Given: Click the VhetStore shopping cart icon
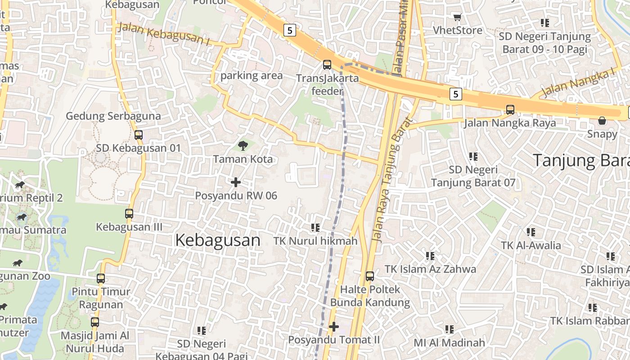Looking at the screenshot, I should click(457, 18).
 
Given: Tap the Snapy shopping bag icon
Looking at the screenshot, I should click(602, 121).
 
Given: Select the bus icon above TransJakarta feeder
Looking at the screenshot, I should click(327, 64).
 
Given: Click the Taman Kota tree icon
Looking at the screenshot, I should click(243, 145).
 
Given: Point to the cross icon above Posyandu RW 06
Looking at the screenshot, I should click(235, 182).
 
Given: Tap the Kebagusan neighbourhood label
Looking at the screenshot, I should click(218, 240).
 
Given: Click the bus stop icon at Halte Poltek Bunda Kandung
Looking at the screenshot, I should click(369, 276).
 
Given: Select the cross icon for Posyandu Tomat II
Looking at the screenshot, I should click(333, 326).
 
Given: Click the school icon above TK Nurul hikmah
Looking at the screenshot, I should click(315, 228).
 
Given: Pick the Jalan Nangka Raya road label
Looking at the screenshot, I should click(510, 123).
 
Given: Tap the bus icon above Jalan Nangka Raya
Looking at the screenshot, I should click(510, 109).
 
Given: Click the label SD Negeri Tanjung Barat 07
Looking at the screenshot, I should click(473, 176).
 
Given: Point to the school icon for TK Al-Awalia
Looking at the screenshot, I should click(531, 232).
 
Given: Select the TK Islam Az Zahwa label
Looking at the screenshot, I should click(430, 269).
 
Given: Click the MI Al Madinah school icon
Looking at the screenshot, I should click(449, 329).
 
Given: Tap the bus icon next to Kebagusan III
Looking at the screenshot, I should click(129, 214).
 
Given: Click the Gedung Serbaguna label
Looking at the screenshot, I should click(113, 116).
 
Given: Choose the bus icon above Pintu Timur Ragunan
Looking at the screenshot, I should click(101, 278).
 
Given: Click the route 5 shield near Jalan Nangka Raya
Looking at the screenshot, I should click(456, 94).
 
